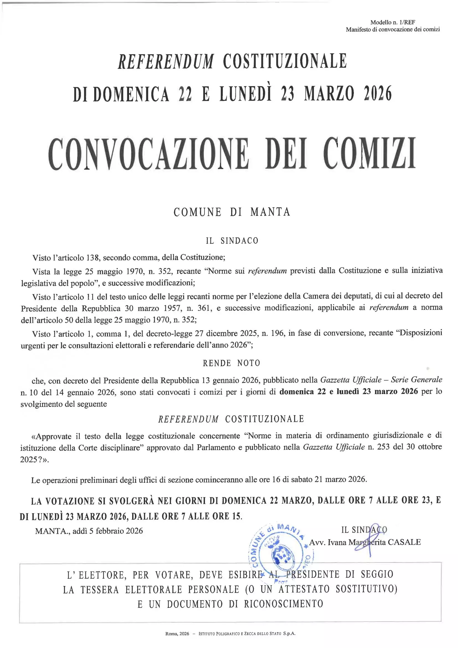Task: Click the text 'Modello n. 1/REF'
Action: [393, 22]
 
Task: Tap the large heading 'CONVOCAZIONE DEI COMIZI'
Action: [232, 154]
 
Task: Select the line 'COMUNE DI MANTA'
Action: [232, 212]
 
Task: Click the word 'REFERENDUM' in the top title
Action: [166, 61]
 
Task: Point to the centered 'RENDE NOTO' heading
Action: [231, 363]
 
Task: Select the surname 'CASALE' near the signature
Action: [404, 542]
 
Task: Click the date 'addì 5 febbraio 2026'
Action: [108, 531]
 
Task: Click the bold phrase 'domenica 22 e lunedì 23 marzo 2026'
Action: [349, 392]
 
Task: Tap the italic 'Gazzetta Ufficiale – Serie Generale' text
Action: [381, 380]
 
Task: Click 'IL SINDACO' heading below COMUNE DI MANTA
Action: [232, 241]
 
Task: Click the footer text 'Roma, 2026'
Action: [177, 634]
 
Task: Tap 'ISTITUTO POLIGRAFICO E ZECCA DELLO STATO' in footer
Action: [240, 634]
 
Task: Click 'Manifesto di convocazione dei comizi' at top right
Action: [393, 29]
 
